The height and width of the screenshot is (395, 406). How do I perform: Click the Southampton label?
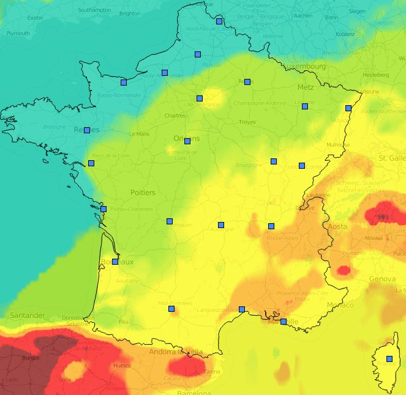94,10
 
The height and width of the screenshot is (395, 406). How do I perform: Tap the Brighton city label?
129,13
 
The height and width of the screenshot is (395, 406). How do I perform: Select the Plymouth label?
18,34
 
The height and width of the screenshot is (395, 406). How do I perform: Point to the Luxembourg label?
305,66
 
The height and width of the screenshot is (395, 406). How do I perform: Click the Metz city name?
305,87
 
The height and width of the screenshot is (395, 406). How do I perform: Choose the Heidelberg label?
375,75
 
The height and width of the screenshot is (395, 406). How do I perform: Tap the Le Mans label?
139,134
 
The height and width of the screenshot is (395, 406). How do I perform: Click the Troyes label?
247,122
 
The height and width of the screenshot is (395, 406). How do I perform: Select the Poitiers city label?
143,193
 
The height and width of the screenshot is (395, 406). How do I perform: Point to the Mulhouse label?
339,145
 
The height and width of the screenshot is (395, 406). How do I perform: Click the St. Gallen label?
391,158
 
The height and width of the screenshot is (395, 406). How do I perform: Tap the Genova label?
382,279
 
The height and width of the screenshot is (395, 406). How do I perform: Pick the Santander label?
27,316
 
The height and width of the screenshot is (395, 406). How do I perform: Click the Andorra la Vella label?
176,352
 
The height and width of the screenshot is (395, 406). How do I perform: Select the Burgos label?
30,358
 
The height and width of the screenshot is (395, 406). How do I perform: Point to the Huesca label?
122,366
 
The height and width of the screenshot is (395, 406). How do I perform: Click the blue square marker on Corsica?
389,359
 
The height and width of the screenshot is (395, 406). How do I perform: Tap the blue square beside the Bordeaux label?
115,262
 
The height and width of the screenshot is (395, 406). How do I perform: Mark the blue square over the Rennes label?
87,130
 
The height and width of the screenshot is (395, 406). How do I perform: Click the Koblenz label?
345,34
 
